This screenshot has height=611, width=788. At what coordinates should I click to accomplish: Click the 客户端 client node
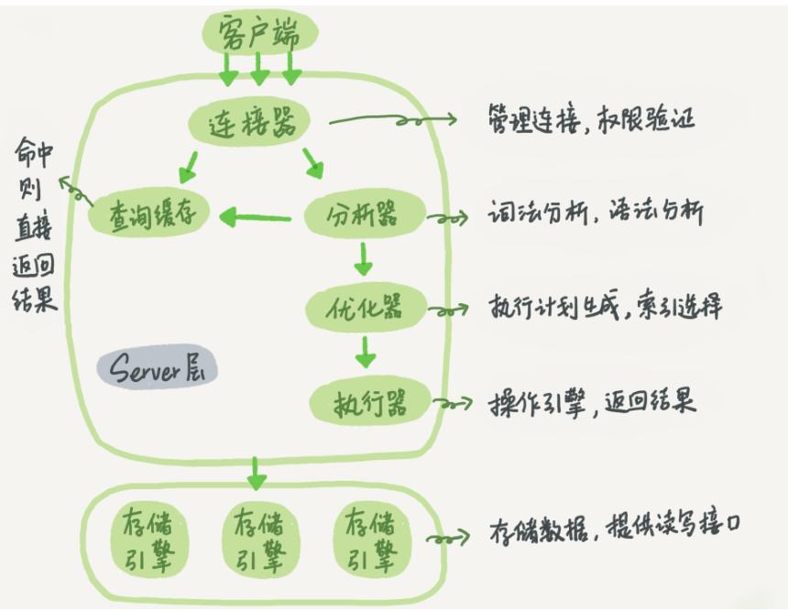pyautogui.click(x=259, y=33)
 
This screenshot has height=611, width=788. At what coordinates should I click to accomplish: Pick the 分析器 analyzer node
pyautogui.click(x=362, y=217)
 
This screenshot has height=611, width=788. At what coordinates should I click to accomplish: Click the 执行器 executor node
pyautogui.click(x=370, y=401)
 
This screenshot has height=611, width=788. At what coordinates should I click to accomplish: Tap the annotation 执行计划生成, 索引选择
pyautogui.click(x=606, y=306)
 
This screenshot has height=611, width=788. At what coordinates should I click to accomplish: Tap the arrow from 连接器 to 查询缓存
pyautogui.click(x=189, y=166)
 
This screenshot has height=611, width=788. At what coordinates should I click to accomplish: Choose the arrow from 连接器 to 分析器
pyautogui.click(x=312, y=163)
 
